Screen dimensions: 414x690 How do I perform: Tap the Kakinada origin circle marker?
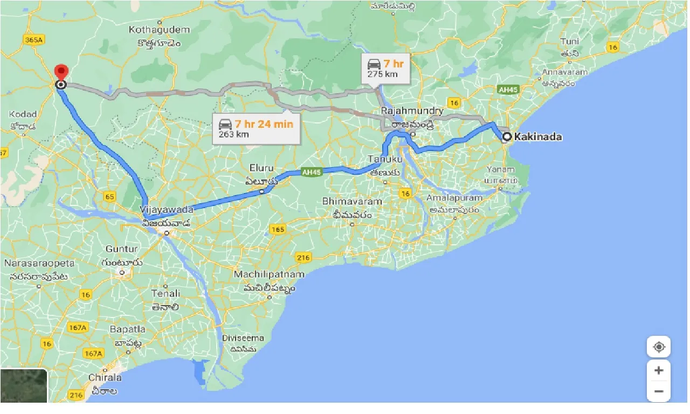[507, 137]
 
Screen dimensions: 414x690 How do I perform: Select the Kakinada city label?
[537, 137]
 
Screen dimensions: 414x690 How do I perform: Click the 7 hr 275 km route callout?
[385, 68]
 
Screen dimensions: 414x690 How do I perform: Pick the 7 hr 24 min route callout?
[256, 129]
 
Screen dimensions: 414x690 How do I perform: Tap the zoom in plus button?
[659, 371]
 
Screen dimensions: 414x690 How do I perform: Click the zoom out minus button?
[659, 391]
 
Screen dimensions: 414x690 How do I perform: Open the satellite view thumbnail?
[24, 385]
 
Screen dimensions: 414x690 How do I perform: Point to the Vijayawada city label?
[166, 209]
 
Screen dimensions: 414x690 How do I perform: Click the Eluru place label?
[261, 168]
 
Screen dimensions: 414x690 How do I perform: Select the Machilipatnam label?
[269, 274]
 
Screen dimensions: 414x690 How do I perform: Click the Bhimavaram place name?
[352, 201]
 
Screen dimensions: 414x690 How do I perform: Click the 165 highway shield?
[277, 230]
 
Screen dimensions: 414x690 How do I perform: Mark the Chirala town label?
[105, 377]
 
